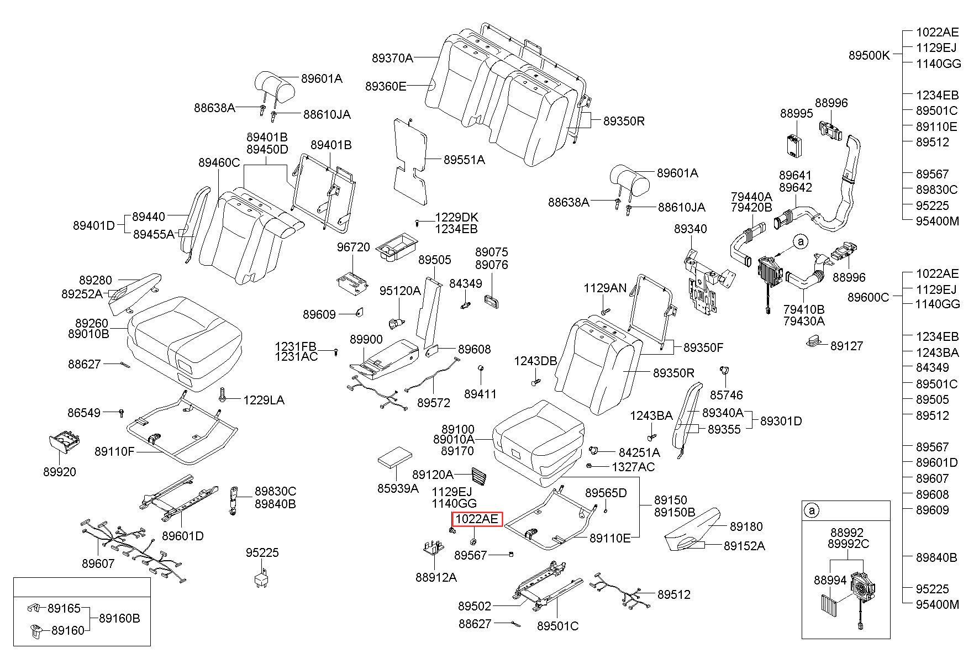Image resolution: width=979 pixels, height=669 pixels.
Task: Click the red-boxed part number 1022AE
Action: coord(477,519)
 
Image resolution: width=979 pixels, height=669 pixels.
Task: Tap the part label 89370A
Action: coord(392,57)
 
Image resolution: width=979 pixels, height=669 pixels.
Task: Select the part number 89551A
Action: coord(464,160)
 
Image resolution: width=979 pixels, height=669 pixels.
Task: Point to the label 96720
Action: coord(354,247)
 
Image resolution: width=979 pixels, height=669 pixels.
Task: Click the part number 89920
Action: coord(60,472)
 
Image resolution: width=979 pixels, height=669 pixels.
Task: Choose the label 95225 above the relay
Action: coord(262,552)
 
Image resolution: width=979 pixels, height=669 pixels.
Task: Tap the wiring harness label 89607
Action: coord(98,563)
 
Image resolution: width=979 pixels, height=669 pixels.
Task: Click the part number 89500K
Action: coord(869,55)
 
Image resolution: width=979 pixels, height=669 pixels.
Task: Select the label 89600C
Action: coord(869,297)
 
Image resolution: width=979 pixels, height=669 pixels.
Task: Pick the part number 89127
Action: coord(848,346)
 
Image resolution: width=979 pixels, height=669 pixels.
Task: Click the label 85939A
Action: coord(398,488)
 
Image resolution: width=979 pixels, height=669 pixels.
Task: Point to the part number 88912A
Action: coord(436,577)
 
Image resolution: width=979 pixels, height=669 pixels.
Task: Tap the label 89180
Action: coord(746,526)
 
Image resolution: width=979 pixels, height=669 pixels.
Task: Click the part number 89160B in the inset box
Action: coord(119,618)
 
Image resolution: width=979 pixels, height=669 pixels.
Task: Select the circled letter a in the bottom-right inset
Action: coord(812,510)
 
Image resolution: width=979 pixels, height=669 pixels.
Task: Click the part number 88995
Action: coord(797,113)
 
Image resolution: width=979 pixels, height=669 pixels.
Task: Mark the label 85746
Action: coord(727,395)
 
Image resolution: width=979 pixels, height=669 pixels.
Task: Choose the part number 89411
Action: coord(480,394)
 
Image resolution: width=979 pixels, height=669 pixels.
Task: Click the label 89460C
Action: coord(219,162)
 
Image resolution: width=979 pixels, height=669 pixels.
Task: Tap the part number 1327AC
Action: coord(633,467)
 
